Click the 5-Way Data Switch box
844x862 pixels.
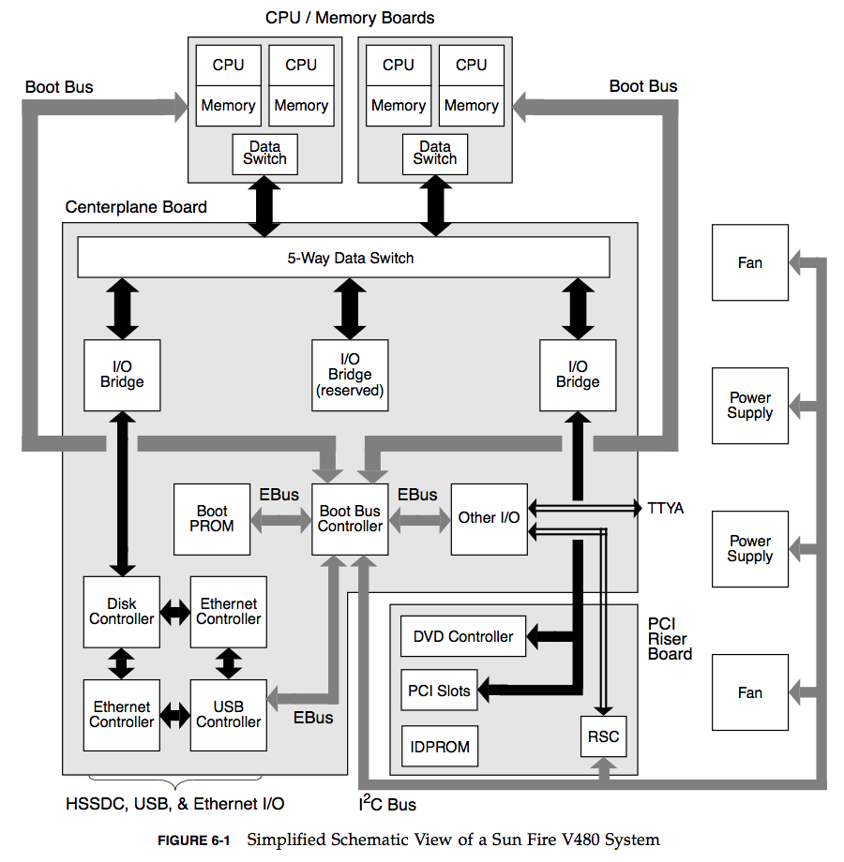point(343,258)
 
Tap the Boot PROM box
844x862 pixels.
point(212,519)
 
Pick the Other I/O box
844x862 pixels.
point(489,518)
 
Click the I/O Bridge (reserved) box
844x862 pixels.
point(350,375)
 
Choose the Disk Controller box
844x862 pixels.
point(122,612)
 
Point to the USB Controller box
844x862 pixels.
point(229,715)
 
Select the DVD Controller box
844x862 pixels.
point(463,637)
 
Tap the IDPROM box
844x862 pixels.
point(440,748)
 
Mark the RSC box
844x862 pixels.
point(603,736)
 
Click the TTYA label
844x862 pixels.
point(666,509)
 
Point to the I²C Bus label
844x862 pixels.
point(387,803)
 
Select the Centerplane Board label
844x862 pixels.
point(136,207)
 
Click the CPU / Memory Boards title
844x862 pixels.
point(350,18)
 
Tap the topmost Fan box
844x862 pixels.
point(749,263)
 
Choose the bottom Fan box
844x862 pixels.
point(749,693)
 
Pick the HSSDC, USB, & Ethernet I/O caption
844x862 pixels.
point(175,804)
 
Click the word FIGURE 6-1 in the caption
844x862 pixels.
point(193,840)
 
